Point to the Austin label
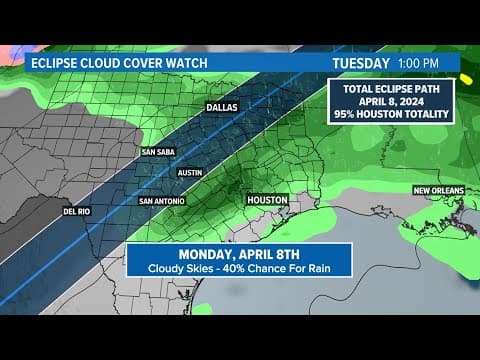(189, 172)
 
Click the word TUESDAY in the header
(360, 62)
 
